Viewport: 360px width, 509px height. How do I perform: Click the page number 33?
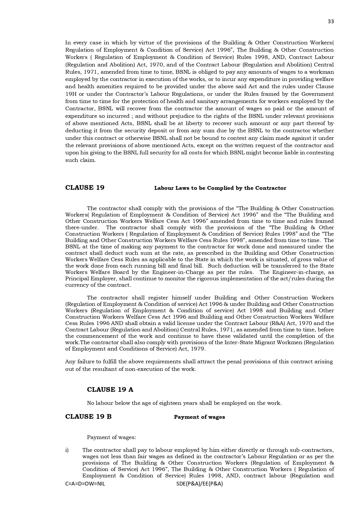[x=331, y=21]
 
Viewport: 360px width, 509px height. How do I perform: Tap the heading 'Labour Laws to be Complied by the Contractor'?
[x=220, y=188]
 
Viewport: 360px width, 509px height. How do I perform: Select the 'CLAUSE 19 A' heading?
[x=110, y=389]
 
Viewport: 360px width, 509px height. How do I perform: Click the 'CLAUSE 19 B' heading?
[x=88, y=417]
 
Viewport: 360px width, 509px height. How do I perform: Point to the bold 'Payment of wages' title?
[x=199, y=417]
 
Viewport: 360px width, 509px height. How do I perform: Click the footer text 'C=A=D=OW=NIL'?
[x=85, y=484]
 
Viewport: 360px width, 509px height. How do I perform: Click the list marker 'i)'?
[x=67, y=450]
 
